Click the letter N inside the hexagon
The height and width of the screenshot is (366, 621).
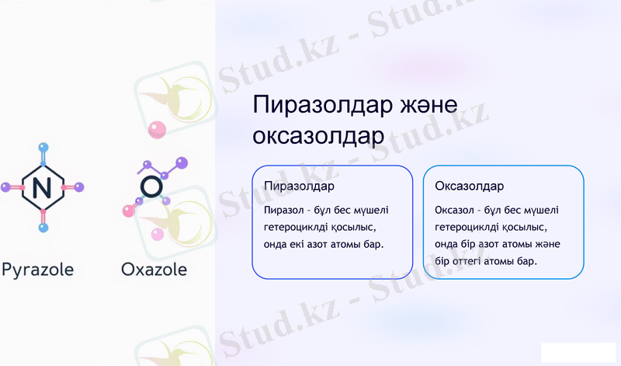pos(43,186)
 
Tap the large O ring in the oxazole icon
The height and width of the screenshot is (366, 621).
pos(152,186)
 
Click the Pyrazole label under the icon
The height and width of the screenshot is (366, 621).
pos(37,270)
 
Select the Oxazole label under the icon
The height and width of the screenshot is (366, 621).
pos(154,270)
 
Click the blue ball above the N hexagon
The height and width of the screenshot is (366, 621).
pos(43,146)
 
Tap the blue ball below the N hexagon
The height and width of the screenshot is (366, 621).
pos(43,228)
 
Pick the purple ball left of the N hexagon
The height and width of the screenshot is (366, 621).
pos(5,187)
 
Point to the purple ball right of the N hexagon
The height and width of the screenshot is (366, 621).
pos(79,187)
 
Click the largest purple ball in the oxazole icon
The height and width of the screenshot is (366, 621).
pos(182,162)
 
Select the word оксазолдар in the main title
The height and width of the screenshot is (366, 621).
pos(318,136)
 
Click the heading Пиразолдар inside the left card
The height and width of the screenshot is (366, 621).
pos(299,186)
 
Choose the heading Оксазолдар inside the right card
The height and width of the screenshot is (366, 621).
pos(470,186)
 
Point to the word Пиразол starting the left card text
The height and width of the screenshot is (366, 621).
pos(284,210)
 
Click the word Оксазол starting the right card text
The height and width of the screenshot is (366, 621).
pos(456,210)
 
